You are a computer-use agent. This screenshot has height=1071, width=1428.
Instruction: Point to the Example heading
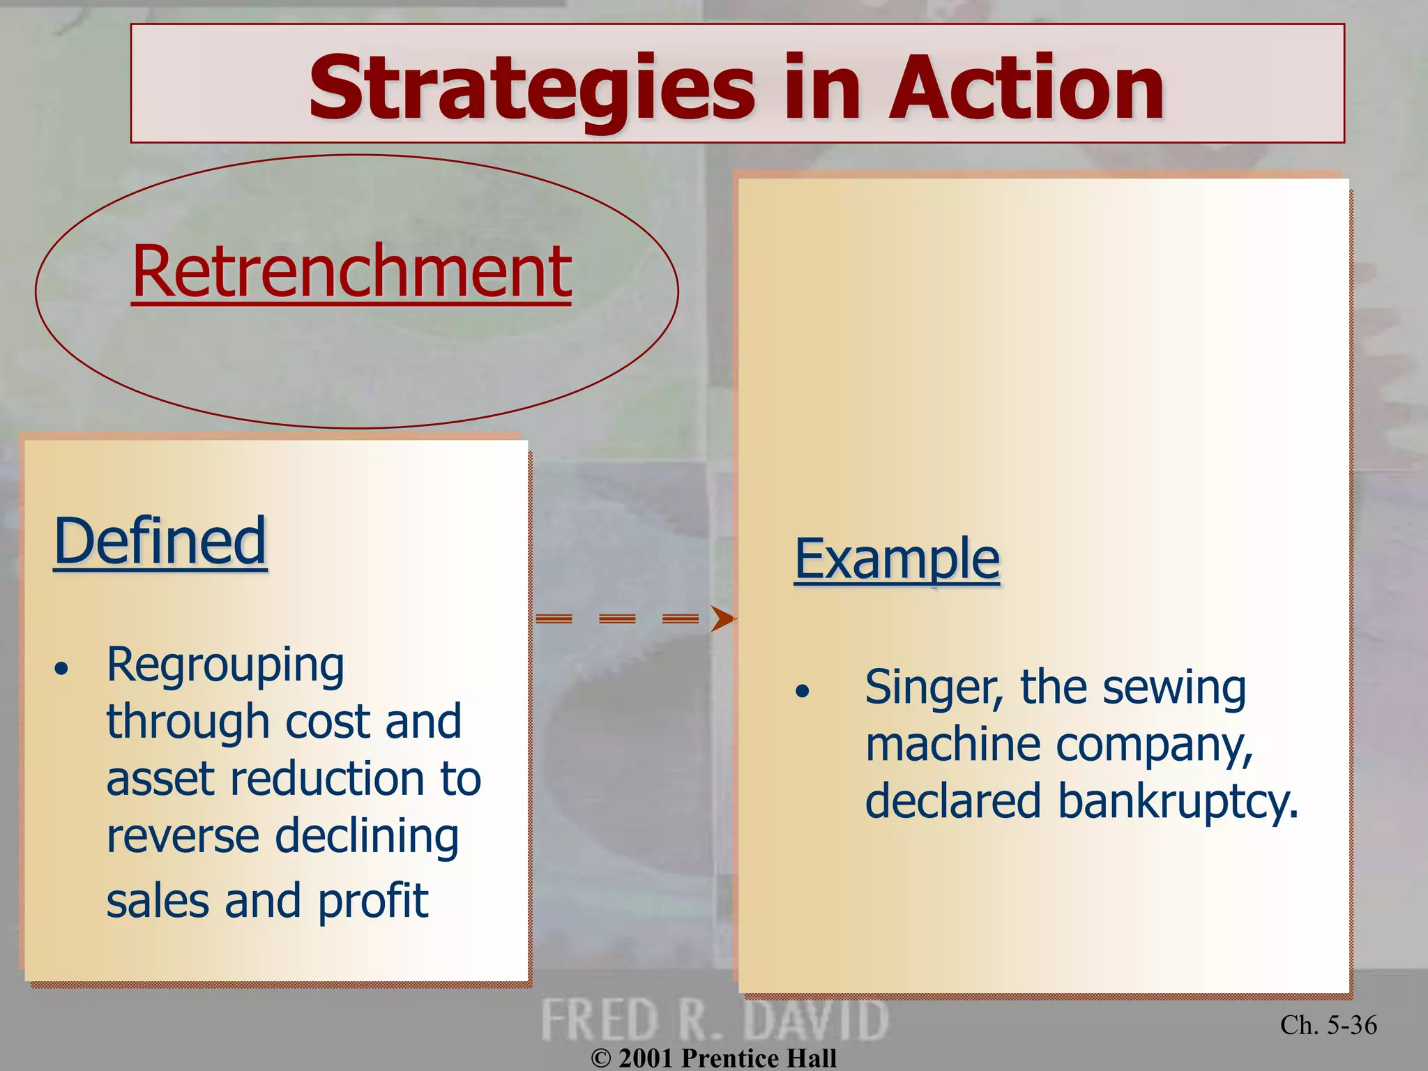pos(897,559)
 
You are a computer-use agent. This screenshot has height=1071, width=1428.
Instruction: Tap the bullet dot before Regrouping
pos(62,669)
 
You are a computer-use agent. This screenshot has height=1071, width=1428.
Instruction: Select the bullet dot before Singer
pos(803,692)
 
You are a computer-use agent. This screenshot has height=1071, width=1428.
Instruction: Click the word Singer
pos(933,688)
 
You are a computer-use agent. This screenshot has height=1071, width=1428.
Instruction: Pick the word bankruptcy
pos(1178,802)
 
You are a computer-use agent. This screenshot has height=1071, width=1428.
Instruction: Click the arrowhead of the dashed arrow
pos(722,618)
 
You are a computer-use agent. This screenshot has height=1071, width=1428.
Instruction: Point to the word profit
pos(372,902)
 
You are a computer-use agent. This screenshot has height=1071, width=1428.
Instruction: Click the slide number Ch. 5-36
pos(1328,1025)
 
